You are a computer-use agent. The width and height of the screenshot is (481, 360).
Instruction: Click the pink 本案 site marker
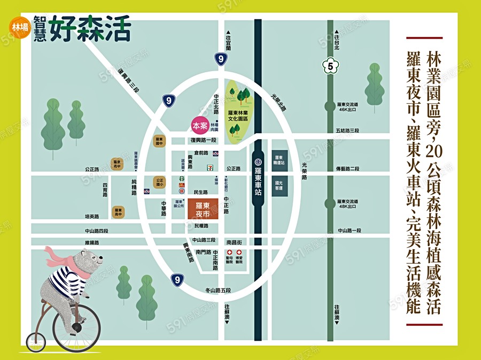coord(200,126)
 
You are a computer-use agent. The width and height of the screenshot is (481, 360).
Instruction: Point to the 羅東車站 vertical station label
coord(258,179)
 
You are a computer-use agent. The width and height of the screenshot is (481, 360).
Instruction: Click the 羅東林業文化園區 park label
coord(238,116)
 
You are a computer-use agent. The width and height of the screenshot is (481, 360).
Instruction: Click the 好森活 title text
coord(90,29)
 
